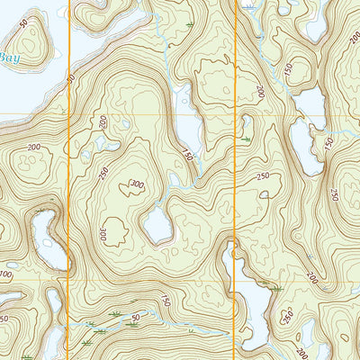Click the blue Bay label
(8, 58)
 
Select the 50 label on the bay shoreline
(71, 79)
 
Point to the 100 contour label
(6, 274)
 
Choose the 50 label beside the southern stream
(135, 317)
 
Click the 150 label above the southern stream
(166, 301)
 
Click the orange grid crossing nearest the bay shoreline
(69, 115)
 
